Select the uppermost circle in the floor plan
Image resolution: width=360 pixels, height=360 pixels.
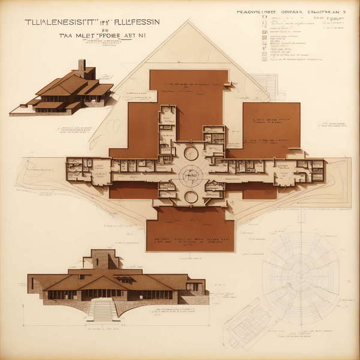pos(191,153)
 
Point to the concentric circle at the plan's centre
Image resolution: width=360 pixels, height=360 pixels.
pos(191,176)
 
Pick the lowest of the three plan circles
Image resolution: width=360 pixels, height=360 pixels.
pos(191,197)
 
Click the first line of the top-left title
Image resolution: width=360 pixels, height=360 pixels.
pos(92,22)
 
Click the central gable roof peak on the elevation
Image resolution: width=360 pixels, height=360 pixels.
pos(103,278)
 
